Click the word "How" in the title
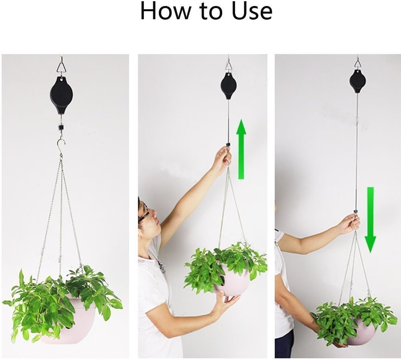point(165,11)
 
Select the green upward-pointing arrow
point(241,149)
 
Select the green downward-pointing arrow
point(370,220)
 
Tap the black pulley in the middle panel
point(228,86)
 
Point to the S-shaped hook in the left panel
point(61,147)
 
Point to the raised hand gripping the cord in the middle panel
point(222,158)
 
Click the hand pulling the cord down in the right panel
point(350,224)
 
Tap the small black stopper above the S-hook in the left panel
point(61,127)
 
